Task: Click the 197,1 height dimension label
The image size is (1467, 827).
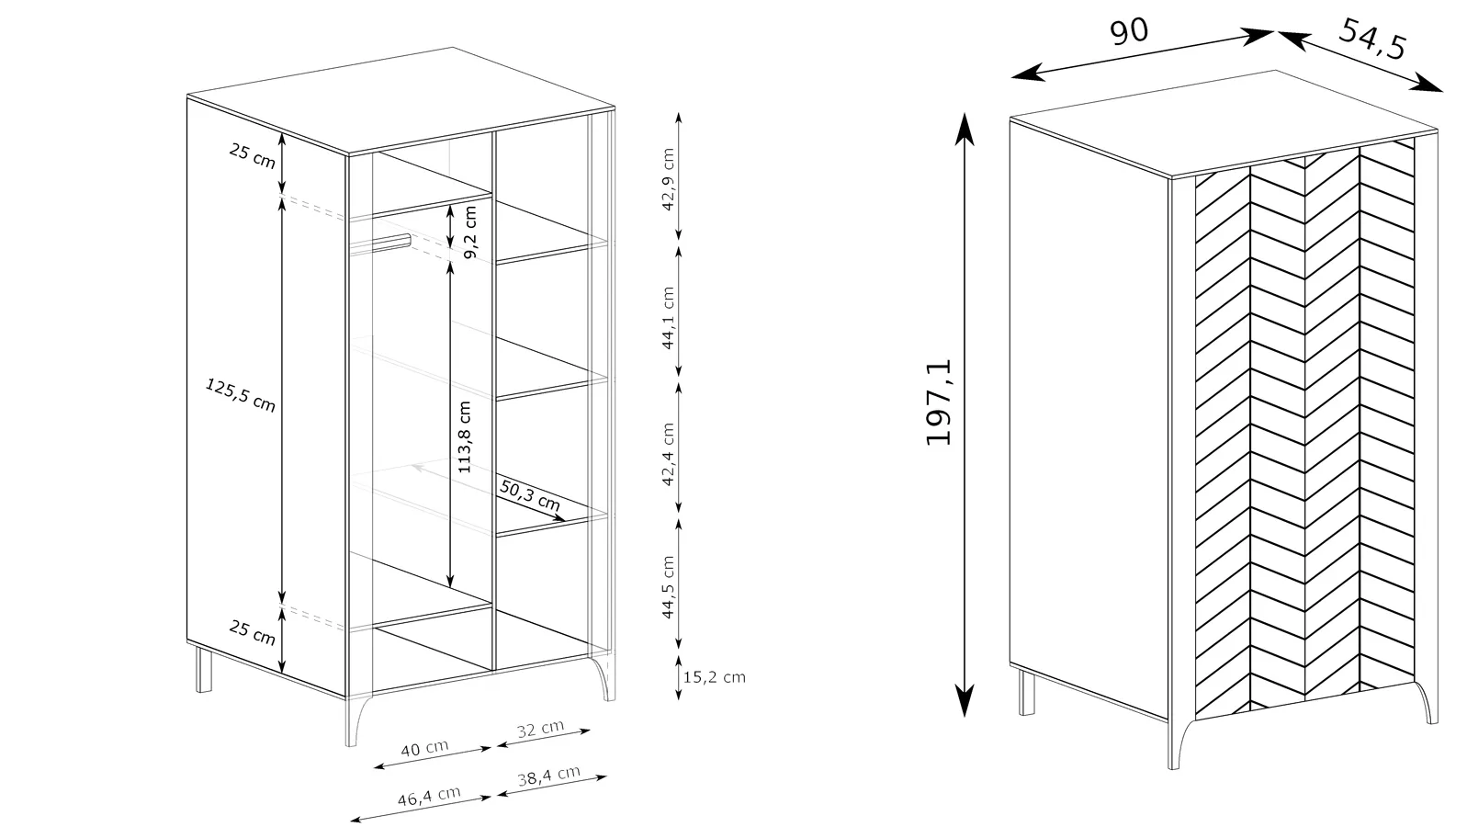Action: tap(938, 402)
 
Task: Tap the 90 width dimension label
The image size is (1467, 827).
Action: tap(1129, 31)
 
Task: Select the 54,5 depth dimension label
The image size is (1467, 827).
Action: tap(1372, 39)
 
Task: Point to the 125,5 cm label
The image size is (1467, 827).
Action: tap(241, 394)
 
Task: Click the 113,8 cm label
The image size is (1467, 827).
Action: tap(464, 437)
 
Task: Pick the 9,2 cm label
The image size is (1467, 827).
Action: tap(469, 232)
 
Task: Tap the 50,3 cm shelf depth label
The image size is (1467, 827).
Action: tap(530, 495)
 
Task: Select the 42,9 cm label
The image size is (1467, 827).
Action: tap(667, 179)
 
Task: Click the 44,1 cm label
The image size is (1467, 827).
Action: tap(667, 318)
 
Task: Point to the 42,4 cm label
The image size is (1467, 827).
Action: tap(667, 454)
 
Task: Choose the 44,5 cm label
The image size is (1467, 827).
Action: tap(667, 587)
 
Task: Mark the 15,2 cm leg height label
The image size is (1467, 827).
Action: tap(714, 677)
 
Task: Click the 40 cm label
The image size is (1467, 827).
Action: tap(424, 748)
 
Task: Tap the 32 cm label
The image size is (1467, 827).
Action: tap(540, 728)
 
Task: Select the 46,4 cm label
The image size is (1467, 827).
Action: tap(429, 796)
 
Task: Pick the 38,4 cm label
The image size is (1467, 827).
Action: tap(548, 776)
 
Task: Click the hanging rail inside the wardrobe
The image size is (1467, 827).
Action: tap(380, 243)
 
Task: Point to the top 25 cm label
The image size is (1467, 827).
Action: tap(252, 156)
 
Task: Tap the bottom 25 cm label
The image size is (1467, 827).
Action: tap(252, 631)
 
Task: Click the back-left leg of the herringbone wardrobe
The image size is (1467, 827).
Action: tap(1027, 692)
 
